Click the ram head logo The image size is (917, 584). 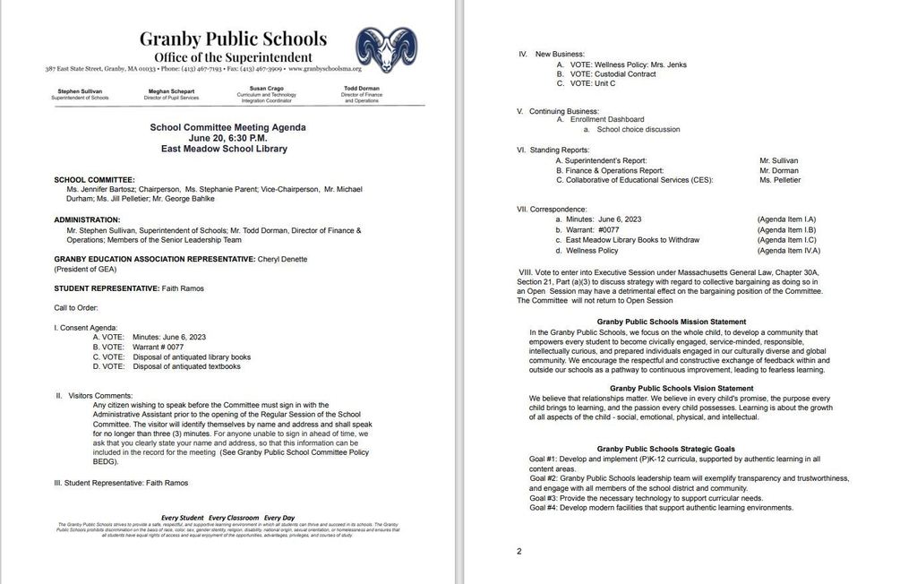point(386,50)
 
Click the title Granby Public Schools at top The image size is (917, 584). point(233,39)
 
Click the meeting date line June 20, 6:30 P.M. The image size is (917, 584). point(227,138)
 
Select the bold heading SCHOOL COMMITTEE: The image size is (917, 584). point(94,179)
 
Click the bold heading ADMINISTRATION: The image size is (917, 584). point(87,219)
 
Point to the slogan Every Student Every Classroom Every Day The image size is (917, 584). point(227,518)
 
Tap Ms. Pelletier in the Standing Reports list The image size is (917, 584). point(780,180)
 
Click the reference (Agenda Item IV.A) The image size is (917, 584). point(786,251)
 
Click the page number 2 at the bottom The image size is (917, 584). point(519,551)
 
